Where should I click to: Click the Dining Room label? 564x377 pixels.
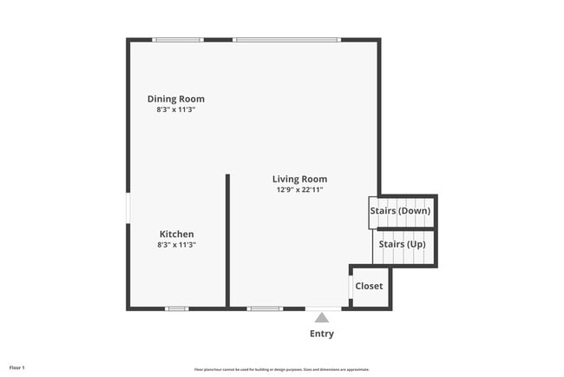point(176,99)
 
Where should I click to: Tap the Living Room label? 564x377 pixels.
point(300,179)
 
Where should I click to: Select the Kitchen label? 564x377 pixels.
point(176,234)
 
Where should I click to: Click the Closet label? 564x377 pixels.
point(369,286)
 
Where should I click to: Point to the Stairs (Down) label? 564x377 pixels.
point(399,211)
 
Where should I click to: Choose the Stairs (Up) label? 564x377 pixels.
point(403,244)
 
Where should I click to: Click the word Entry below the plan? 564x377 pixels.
point(322,334)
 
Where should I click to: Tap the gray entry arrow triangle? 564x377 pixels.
point(322,318)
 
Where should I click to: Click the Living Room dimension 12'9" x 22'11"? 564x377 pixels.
point(300,190)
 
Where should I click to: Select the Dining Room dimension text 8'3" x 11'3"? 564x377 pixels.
point(176,110)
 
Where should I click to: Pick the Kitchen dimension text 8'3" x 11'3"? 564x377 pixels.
point(176,245)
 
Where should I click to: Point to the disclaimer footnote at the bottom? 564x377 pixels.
point(282,369)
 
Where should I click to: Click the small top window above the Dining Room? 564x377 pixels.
point(178,40)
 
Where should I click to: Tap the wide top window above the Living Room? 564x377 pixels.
point(286,40)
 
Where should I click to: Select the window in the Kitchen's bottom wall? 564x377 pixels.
point(177,308)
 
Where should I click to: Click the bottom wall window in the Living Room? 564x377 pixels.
point(265,308)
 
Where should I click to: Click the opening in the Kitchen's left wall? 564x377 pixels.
point(128,208)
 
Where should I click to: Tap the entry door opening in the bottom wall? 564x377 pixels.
point(323,308)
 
